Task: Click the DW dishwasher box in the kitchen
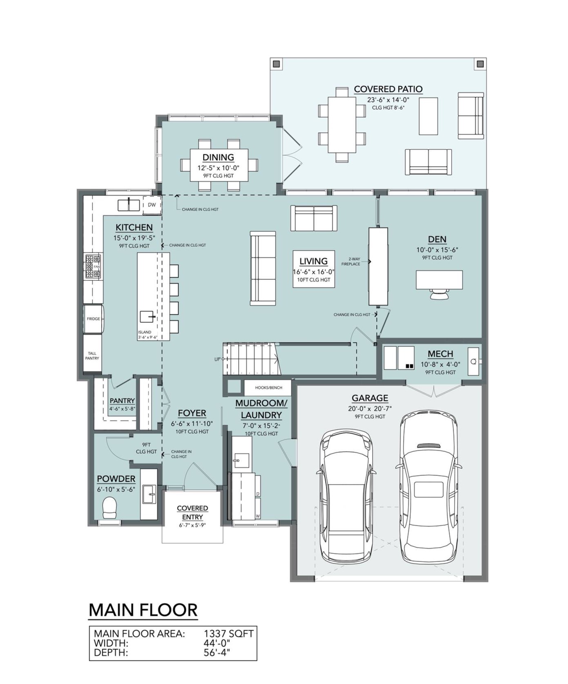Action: [151, 205]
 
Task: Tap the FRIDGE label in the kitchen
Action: [93, 319]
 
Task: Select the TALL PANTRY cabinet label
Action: [92, 356]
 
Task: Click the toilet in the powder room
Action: [109, 508]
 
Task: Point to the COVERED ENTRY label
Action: [192, 513]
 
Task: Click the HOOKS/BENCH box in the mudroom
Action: [268, 388]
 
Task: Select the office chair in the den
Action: [439, 294]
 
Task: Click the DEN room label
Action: [437, 240]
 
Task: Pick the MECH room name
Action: [440, 354]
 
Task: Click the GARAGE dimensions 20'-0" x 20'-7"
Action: [370, 409]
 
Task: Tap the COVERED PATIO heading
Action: [388, 89]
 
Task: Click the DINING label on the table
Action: [218, 158]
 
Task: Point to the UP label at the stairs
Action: [217, 359]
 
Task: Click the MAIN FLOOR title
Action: [143, 610]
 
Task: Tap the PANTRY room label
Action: [122, 401]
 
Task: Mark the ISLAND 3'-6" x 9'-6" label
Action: [147, 335]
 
